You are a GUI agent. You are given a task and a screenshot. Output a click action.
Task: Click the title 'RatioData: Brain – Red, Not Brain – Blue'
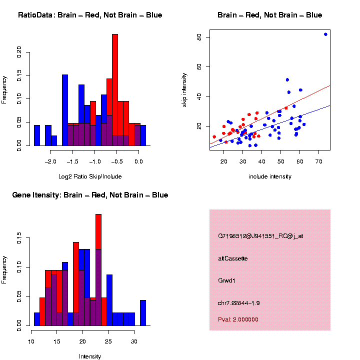tap(90, 15)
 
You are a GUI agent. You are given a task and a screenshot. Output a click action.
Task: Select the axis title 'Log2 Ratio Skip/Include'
tap(90, 176)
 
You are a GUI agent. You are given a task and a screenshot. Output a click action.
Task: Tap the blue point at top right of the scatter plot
tap(325, 34)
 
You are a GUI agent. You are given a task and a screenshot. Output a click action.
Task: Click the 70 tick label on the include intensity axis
tap(318, 161)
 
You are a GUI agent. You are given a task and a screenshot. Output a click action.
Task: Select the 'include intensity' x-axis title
tap(270, 176)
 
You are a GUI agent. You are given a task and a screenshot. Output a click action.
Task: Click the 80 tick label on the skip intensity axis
tap(198, 37)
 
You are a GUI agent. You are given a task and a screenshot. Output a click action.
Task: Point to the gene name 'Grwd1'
tap(227, 280)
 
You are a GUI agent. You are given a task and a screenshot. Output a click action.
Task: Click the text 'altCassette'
tap(233, 258)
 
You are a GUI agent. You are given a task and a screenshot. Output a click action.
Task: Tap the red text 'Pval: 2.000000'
tap(238, 319)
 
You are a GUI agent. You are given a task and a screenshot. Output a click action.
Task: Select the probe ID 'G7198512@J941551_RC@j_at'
tap(260, 236)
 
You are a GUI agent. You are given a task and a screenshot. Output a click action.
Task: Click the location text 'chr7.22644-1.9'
tap(239, 303)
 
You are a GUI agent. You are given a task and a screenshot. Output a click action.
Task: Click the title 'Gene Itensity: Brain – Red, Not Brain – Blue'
tap(90, 195)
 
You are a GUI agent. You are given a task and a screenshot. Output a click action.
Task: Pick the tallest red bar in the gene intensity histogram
tap(98, 250)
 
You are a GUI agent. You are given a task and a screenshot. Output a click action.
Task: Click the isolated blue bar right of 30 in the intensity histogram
tap(143, 312)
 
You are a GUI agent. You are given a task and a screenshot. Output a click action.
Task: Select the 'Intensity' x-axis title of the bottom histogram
tap(90, 356)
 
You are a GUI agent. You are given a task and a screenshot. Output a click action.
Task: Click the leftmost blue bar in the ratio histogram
tap(37, 135)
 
